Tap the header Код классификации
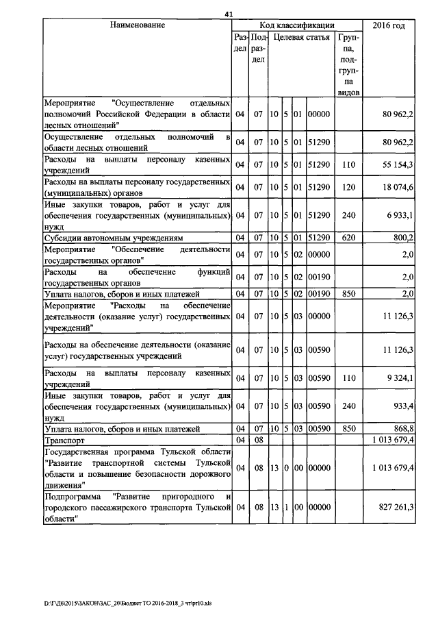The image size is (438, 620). point(297,25)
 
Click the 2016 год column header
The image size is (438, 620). point(388,25)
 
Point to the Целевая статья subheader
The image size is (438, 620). point(301,37)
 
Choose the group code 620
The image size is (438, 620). point(349,238)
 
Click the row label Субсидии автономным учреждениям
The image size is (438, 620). point(114,238)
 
